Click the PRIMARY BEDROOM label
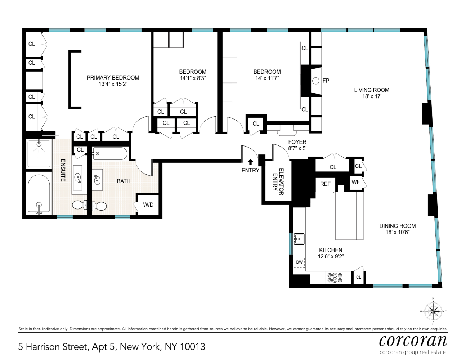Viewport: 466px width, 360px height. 113,78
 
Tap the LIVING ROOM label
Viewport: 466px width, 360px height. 372,90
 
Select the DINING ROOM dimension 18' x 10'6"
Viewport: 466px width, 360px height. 398,232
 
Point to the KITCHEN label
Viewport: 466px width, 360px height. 331,250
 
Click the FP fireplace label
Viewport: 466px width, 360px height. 326,81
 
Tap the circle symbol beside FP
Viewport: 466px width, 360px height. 316,81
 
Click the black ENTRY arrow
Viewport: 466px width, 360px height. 251,162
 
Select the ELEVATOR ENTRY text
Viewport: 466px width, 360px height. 278,182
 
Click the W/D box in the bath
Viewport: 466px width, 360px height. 148,204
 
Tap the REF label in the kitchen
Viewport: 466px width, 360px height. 325,184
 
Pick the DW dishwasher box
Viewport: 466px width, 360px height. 299,262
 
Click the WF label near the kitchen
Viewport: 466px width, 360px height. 356,182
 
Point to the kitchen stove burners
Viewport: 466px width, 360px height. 335,278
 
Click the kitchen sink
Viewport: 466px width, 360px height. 299,239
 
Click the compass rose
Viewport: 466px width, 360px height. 433,311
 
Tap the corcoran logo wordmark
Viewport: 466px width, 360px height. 413,341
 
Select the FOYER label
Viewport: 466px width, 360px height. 297,142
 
